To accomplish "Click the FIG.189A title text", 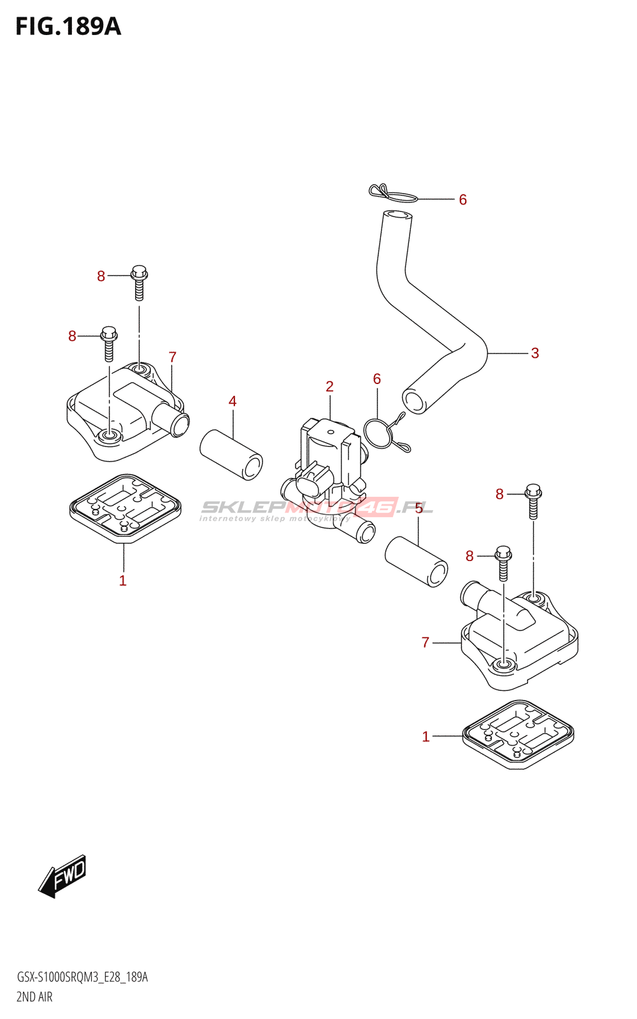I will click(x=68, y=27).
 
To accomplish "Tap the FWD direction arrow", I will click(x=62, y=876).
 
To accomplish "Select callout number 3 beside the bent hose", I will click(x=534, y=353).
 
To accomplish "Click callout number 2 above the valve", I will click(x=329, y=387).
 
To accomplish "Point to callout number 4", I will click(x=233, y=401).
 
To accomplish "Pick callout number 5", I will click(x=419, y=508).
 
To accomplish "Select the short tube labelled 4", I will click(x=231, y=454).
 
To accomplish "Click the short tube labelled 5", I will click(x=416, y=561).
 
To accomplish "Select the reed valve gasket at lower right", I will click(x=519, y=734).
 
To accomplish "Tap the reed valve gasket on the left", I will click(x=125, y=508).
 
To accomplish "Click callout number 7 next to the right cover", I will click(x=426, y=643).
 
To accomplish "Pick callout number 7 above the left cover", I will click(x=172, y=357).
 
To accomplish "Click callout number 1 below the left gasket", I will click(x=123, y=581).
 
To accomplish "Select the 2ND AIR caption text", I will click(x=34, y=997).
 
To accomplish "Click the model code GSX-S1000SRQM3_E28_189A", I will click(x=82, y=978).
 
